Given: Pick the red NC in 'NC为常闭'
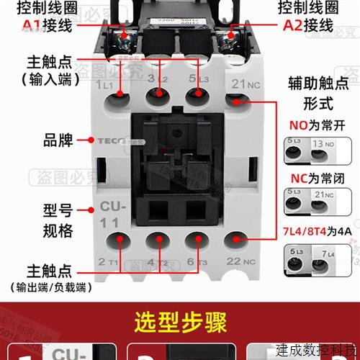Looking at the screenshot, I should tap(297, 178).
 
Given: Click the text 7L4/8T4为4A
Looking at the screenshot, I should tap(312, 232).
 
